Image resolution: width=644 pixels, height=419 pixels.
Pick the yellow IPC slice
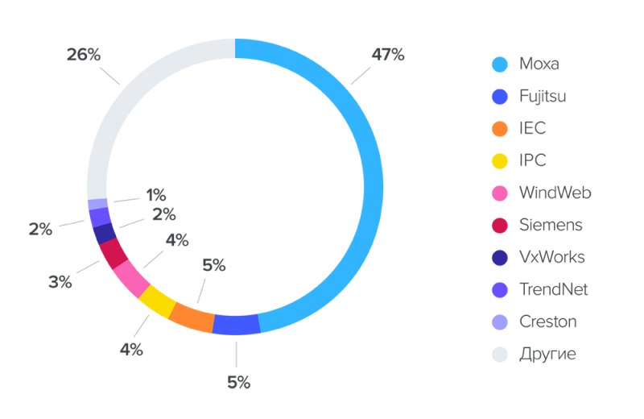[158, 303]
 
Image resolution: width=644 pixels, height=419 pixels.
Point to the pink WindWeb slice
[131, 278]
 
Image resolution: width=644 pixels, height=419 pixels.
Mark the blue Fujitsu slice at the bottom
[237, 324]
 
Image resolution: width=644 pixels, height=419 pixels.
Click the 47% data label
[388, 55]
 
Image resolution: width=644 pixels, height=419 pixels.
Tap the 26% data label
[84, 55]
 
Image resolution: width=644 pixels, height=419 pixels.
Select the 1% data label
[155, 194]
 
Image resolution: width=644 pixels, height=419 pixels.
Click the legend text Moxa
[539, 64]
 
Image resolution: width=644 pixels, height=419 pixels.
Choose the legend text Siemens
[551, 225]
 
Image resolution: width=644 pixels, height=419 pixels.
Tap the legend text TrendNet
[554, 289]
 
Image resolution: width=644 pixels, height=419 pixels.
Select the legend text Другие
[548, 354]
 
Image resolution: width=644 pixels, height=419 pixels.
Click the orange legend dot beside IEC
[500, 128]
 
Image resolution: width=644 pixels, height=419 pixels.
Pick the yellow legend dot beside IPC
[500, 160]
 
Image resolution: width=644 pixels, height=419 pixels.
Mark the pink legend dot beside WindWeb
[500, 193]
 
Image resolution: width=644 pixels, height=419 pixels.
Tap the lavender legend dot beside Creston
[500, 322]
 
